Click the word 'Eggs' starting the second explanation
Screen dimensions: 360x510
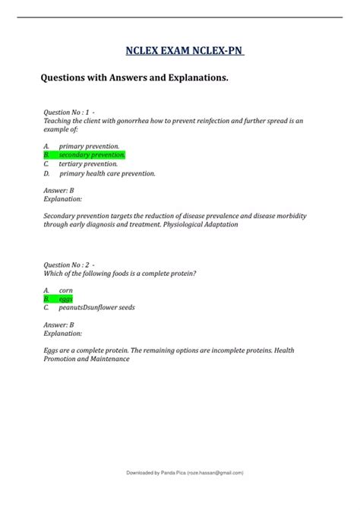[x=52, y=350]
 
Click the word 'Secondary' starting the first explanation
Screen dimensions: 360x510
[x=61, y=216]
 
